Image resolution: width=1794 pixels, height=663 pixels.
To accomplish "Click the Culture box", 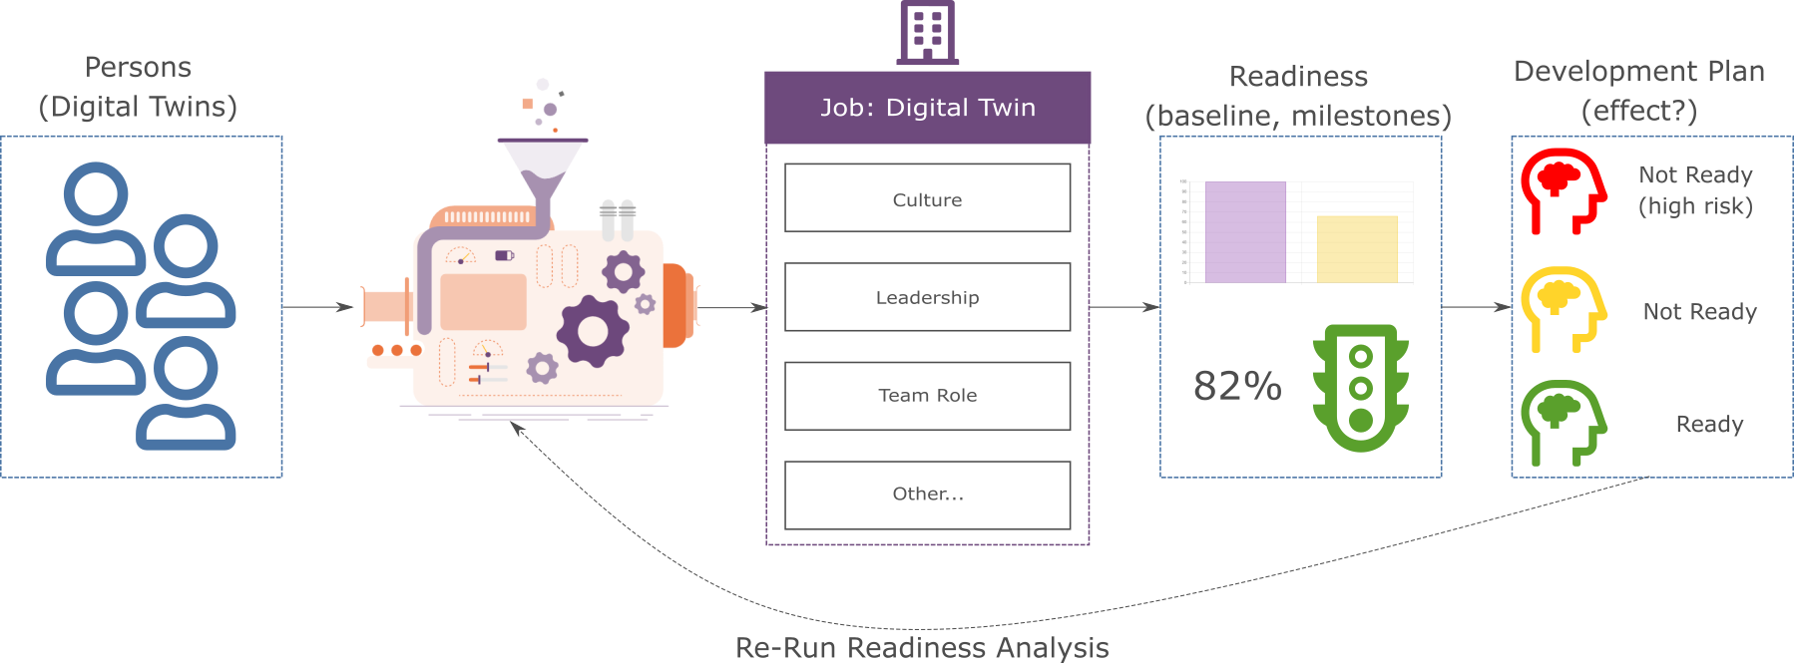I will coord(927,198).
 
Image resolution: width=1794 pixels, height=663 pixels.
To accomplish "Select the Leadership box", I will coord(927,297).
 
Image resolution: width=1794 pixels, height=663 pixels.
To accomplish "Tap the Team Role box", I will coord(927,396).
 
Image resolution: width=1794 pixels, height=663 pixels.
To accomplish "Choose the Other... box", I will coord(927,495).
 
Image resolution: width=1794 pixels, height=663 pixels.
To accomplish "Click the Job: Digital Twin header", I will coord(927,108).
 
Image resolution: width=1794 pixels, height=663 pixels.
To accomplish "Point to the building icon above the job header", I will coord(927,32).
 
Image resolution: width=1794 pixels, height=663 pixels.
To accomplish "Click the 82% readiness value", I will coord(1237,386).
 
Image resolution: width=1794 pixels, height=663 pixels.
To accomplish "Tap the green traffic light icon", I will coord(1360,387).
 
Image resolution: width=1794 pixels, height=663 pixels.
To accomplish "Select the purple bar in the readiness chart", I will coord(1245,232).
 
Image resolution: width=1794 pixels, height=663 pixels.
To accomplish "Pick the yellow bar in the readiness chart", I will coord(1357,249).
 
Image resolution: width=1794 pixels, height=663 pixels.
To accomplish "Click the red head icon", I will coord(1563,190).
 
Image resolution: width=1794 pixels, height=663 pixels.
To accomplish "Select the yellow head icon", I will coord(1563,308).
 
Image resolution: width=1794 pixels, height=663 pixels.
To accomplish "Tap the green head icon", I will coord(1563,422).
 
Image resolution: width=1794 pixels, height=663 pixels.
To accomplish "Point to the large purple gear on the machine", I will coord(592,331).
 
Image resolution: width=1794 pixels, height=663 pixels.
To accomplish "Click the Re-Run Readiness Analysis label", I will coord(922,648).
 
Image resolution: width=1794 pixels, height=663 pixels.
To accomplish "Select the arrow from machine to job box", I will coord(733,308).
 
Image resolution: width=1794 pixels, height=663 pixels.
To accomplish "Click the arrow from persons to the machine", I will coord(319,308).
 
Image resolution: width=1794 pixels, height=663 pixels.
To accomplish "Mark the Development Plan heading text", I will coord(1638,72).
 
